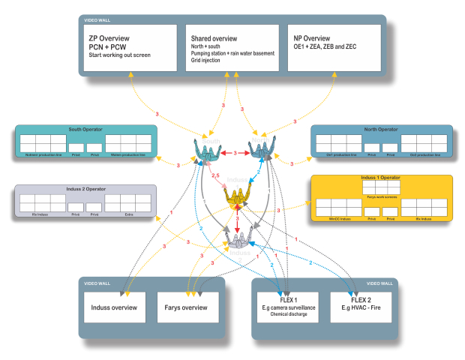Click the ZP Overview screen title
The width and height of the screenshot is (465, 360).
(x=109, y=37)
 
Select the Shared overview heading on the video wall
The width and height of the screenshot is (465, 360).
(x=214, y=38)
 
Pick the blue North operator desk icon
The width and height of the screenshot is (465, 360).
(x=264, y=150)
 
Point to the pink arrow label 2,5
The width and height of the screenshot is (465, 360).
(x=216, y=176)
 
